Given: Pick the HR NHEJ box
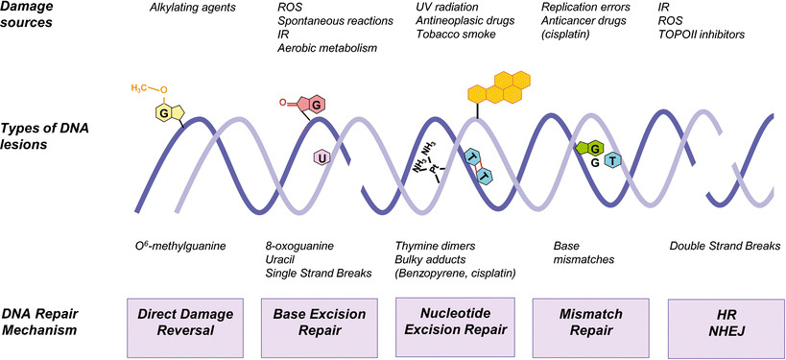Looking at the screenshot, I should (x=725, y=323).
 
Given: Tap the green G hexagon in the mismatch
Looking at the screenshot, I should (x=593, y=147).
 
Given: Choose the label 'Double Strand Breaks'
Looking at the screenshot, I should (x=722, y=247).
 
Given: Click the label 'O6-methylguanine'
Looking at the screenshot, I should (x=181, y=247).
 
